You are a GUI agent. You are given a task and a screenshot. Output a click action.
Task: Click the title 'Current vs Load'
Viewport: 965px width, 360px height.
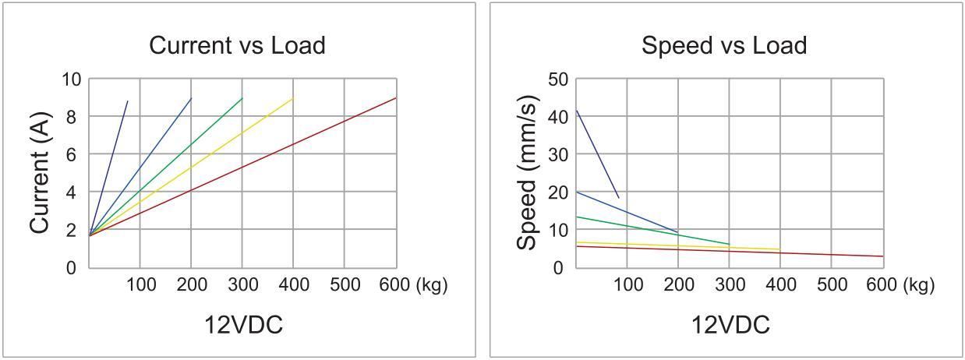[x=237, y=45]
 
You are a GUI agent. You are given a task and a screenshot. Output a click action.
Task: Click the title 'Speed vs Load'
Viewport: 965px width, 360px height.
[x=723, y=45]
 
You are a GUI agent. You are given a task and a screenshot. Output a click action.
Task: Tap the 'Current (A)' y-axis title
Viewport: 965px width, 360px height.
[x=40, y=172]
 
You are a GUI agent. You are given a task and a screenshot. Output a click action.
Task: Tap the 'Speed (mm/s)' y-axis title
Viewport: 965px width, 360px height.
[x=527, y=172]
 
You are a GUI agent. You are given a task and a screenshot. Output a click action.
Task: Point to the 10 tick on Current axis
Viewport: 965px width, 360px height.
[x=71, y=79]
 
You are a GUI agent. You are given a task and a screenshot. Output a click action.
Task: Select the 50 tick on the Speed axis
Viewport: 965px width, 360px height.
[x=558, y=79]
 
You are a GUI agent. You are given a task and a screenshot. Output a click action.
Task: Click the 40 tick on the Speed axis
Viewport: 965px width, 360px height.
[x=558, y=117]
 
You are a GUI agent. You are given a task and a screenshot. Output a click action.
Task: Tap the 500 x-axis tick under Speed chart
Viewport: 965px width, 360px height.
[x=831, y=285]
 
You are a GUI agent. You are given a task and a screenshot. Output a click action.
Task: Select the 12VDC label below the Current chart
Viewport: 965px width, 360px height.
[x=243, y=325]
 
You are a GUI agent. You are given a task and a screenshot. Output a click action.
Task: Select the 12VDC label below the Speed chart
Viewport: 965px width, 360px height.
[x=730, y=325]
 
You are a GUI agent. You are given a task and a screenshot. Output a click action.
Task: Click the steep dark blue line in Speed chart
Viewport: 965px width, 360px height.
[x=596, y=153]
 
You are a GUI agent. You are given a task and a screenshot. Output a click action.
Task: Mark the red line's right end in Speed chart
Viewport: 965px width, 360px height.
[x=882, y=256]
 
